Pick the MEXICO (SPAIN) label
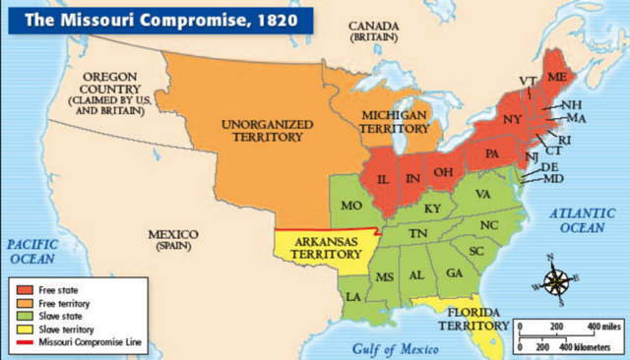point(171,240)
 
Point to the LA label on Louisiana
point(352,295)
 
